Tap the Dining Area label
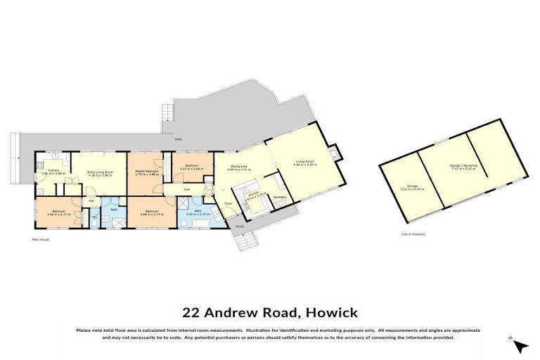click(239, 167)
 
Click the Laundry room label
click(278, 196)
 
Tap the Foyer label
click(228, 204)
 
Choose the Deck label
click(179, 139)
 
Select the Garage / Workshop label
click(463, 166)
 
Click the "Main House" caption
click(41, 240)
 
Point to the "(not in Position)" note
click(413, 233)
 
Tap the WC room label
click(95, 218)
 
